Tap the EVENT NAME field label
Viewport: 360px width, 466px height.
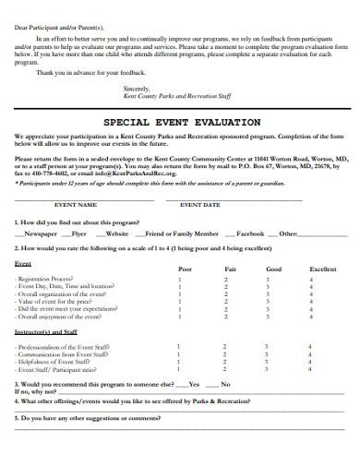click(76, 204)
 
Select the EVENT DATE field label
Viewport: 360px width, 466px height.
click(199, 204)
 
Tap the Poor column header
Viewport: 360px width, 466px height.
click(185, 269)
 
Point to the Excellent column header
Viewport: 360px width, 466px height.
click(322, 269)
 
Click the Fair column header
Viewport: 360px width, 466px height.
click(230, 269)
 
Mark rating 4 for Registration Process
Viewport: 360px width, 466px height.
click(312, 279)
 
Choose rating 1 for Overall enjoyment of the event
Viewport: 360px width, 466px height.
click(178, 316)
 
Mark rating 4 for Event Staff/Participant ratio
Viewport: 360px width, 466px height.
click(312, 368)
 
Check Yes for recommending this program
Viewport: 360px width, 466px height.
click(193, 383)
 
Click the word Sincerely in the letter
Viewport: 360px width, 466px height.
click(135, 87)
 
